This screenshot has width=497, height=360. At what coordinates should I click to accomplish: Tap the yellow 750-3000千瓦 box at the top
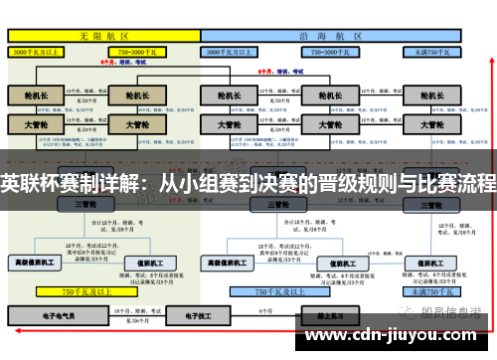tap(142, 50)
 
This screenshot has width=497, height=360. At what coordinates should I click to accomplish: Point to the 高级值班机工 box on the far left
tap(34, 263)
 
